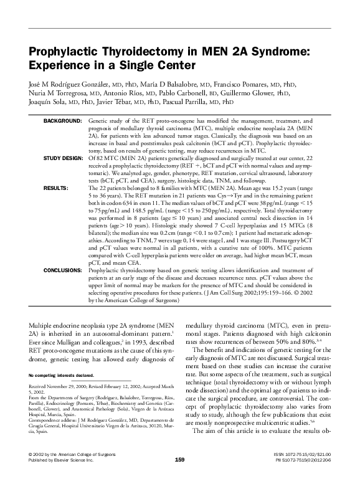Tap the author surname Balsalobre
pyautogui.click(x=177, y=85)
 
